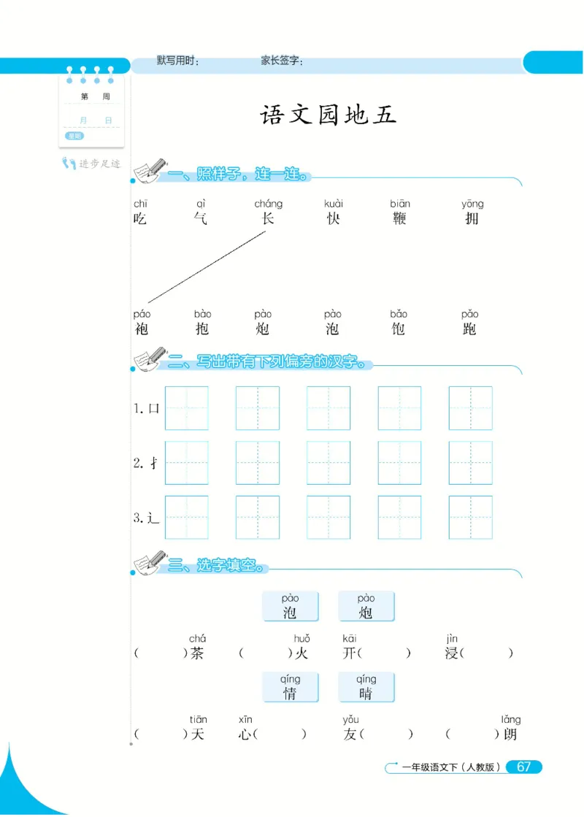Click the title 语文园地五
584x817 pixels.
point(328,115)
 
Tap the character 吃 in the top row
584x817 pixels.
point(140,218)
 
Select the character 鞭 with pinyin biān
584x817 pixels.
point(399,218)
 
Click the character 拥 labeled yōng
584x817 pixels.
point(472,218)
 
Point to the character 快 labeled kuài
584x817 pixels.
point(334,218)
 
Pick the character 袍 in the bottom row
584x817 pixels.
point(142,329)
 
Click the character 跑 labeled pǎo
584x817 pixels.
point(469,329)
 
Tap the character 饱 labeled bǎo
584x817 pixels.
point(398,329)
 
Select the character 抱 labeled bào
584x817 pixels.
point(202,329)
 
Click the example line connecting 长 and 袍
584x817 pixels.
point(207,267)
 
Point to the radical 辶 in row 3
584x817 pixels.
point(153,518)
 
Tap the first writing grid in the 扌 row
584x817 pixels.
point(187,463)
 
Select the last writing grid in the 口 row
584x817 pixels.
point(470,408)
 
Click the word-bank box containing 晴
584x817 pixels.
point(366,687)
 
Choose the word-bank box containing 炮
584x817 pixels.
point(366,606)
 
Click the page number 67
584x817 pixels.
point(523,767)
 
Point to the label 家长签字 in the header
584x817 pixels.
point(282,62)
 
